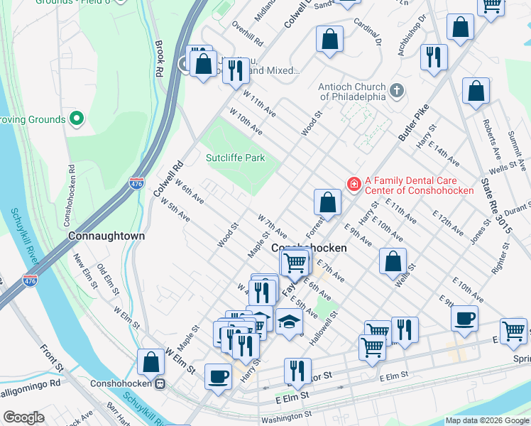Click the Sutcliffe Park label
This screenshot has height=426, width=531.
[x=236, y=158]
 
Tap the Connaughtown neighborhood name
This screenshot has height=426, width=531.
[x=106, y=235]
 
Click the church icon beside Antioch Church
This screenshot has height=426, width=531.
[x=397, y=91]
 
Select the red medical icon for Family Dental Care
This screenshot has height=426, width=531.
[x=353, y=185]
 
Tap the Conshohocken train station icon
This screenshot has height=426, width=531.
[x=161, y=384]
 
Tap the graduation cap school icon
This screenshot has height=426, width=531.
[x=288, y=323]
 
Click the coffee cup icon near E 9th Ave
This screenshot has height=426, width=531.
[x=465, y=318]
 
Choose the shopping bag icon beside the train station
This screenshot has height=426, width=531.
[x=152, y=362]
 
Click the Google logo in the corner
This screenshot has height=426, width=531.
[x=23, y=417]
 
